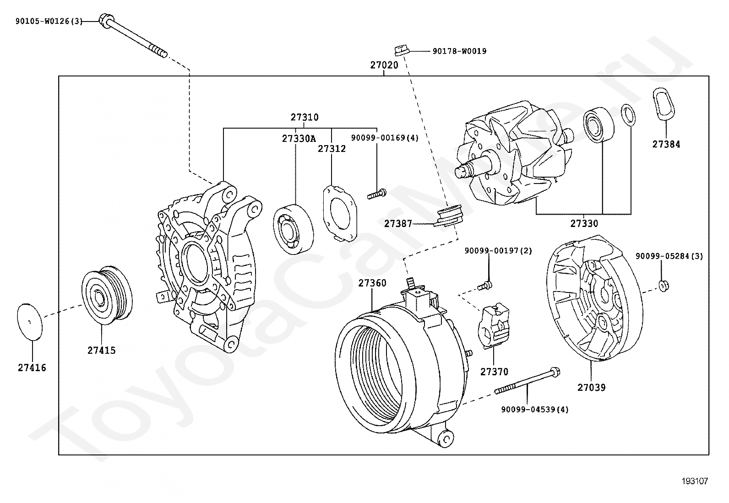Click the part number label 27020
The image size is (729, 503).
pos(384,65)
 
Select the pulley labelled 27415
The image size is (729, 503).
pos(106,295)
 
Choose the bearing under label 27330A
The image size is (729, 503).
pos(294,229)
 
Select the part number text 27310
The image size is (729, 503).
pos(304,117)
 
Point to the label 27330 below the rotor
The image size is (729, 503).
pos(584,223)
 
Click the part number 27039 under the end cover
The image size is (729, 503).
pos(591,388)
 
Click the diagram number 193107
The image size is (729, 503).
pos(695,481)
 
